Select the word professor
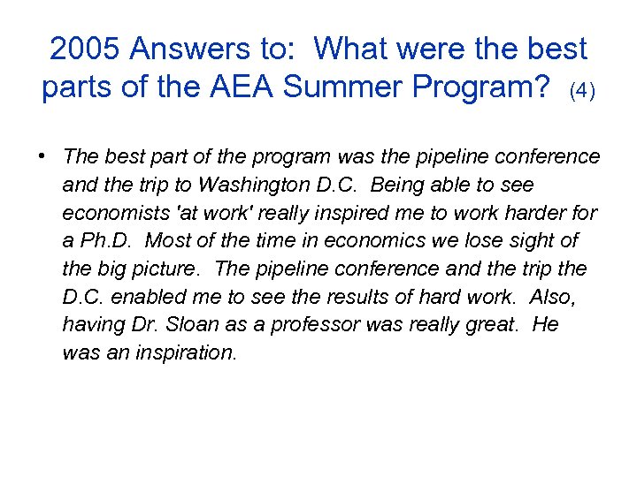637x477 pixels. (318, 324)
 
